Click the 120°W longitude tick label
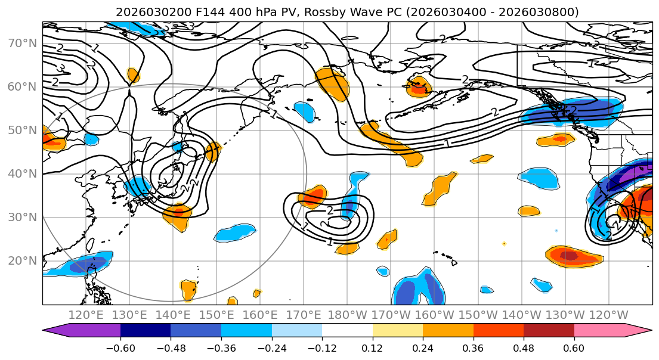coord(608,315)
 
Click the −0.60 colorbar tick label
coord(120,347)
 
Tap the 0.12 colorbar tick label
coord(372,347)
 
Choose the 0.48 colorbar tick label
coord(524,347)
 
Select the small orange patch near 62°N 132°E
coord(133,75)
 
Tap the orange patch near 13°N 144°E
coord(188,290)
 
